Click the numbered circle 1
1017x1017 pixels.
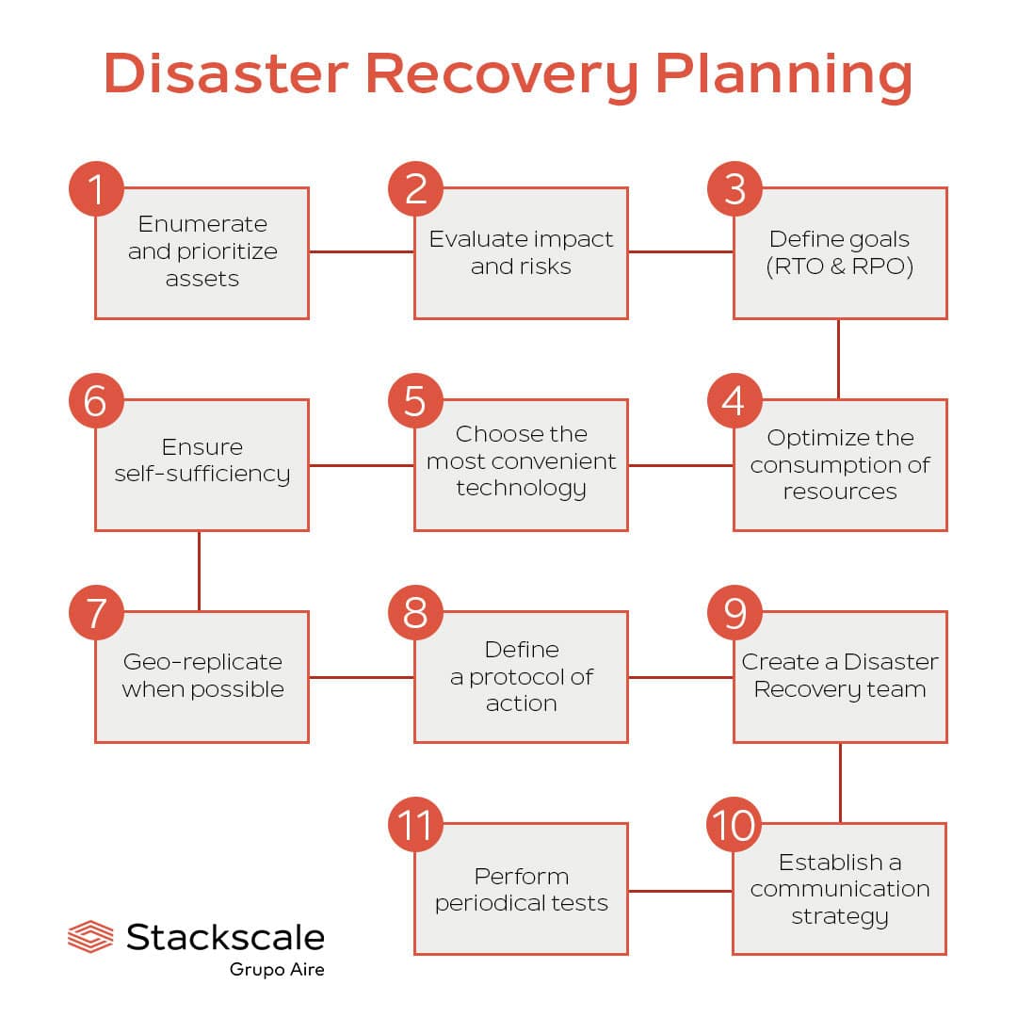point(96,188)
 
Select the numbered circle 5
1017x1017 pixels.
point(415,400)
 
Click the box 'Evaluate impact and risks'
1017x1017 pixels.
point(521,252)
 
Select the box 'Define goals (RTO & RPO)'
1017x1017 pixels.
point(840,252)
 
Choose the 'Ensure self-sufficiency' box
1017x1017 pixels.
point(202,464)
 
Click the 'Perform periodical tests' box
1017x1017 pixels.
point(521,889)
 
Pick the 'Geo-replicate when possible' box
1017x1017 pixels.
point(202,676)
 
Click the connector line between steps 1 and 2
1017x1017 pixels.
point(362,251)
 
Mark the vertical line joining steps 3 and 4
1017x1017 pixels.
point(839,359)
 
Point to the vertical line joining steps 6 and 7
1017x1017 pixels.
point(200,571)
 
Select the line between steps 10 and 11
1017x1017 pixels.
point(680,890)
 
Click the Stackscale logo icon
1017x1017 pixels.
point(90,937)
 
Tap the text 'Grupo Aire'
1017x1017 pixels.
point(277,969)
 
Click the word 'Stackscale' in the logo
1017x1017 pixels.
point(226,937)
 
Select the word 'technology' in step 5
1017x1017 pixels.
point(521,488)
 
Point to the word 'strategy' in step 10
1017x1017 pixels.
point(840,915)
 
